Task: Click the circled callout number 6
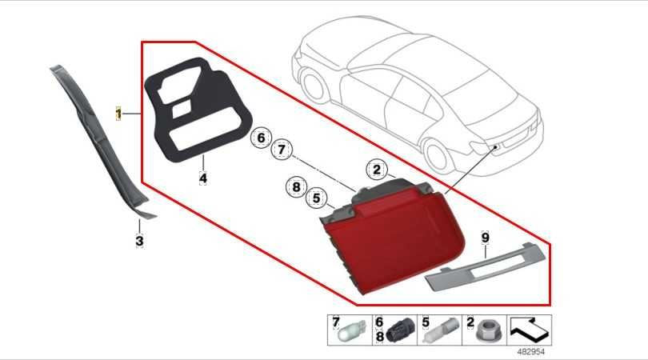click(x=261, y=138)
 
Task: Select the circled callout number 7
click(x=282, y=150)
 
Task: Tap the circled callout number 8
click(x=296, y=187)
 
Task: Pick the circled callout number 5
click(x=317, y=198)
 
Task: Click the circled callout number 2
click(x=377, y=169)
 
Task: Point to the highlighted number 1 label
click(x=118, y=114)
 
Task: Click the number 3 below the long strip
click(x=140, y=241)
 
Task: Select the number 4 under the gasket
click(x=203, y=178)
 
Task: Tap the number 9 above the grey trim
click(x=485, y=238)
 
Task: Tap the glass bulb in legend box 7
click(x=351, y=331)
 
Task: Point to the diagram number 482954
click(x=531, y=352)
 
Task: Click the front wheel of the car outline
click(x=315, y=85)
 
